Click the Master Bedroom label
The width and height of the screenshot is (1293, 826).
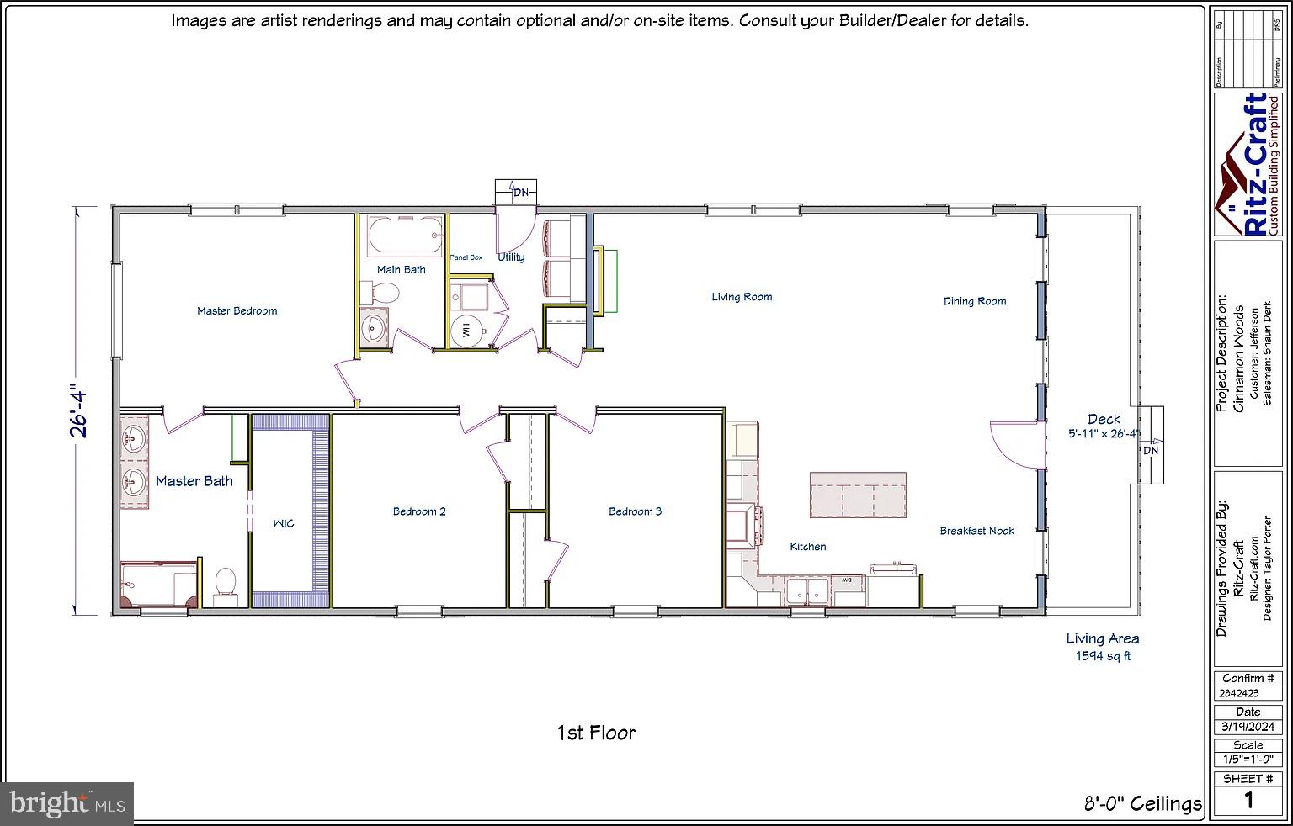click(x=237, y=310)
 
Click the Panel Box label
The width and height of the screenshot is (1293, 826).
click(x=466, y=257)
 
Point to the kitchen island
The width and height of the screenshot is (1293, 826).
click(x=858, y=495)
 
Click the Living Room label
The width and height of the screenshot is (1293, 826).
click(x=741, y=296)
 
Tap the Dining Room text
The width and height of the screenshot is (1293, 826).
click(x=974, y=300)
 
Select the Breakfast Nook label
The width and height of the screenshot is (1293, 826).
click(x=976, y=531)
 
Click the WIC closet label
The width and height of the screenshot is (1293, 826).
click(x=283, y=524)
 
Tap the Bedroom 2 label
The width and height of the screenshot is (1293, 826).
click(x=418, y=511)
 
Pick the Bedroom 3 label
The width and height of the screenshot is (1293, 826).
click(x=635, y=511)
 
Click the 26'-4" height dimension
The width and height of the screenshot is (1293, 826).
click(x=79, y=410)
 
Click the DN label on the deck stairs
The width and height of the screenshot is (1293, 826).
click(x=1150, y=451)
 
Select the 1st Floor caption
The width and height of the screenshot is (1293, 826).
click(x=595, y=733)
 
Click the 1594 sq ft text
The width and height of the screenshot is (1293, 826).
click(x=1103, y=656)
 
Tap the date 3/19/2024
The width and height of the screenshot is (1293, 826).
click(x=1248, y=727)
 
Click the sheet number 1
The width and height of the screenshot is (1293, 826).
click(x=1248, y=800)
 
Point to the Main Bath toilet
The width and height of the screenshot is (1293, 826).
click(x=385, y=294)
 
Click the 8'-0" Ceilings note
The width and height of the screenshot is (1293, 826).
click(x=1142, y=804)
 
